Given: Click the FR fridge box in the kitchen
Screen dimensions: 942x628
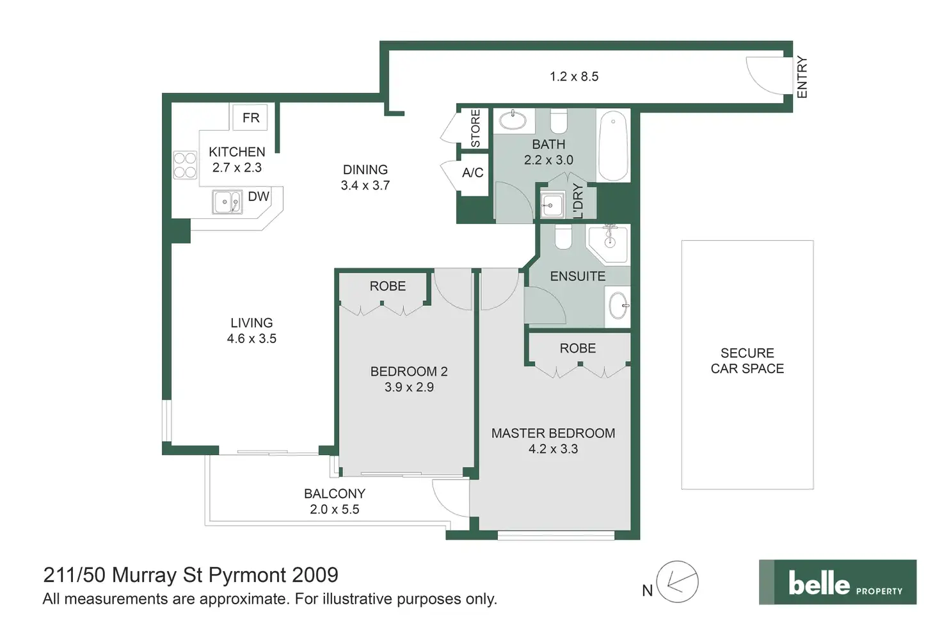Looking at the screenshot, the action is (250, 117).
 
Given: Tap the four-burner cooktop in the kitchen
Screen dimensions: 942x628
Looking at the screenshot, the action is (185, 165).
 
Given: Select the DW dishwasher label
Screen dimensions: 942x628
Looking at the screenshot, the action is (258, 197).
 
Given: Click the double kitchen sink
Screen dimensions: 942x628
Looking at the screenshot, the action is (227, 202).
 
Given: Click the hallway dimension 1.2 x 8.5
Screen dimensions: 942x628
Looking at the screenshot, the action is (574, 77).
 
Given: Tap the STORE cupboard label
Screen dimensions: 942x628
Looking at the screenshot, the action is (475, 128).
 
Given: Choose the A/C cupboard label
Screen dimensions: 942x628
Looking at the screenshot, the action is (473, 172).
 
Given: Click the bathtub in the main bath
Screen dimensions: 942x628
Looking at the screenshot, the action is (613, 146).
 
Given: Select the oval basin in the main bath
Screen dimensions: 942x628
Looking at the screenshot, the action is (513, 121).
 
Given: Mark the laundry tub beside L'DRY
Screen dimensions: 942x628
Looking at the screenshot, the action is (552, 205).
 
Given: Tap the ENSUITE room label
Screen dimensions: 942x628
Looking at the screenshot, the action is (578, 277).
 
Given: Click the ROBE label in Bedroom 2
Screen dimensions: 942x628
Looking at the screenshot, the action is (387, 286).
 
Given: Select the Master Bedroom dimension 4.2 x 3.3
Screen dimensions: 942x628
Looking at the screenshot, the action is (553, 449).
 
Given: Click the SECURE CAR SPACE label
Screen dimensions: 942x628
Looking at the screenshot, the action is (747, 361).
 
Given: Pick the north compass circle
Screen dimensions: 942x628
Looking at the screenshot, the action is (677, 582).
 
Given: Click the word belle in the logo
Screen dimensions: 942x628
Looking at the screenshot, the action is (818, 583).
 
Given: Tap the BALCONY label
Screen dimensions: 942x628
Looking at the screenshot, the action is (335, 494).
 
